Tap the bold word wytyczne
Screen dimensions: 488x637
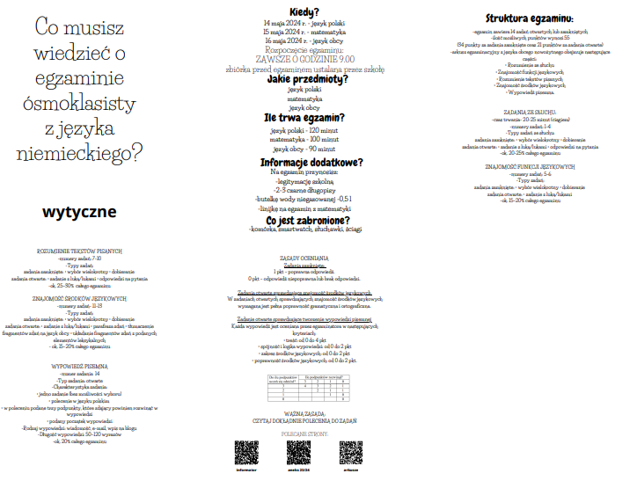point(79,213)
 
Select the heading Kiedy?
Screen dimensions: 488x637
point(304,11)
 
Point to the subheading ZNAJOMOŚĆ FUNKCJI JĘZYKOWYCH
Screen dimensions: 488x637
point(530,166)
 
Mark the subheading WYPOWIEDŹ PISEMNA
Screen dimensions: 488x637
point(79,340)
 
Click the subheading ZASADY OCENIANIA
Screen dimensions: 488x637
point(304,258)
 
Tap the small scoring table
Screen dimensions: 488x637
point(304,387)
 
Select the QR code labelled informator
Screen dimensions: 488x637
point(246,451)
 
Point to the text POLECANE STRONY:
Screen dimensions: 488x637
point(304,433)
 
